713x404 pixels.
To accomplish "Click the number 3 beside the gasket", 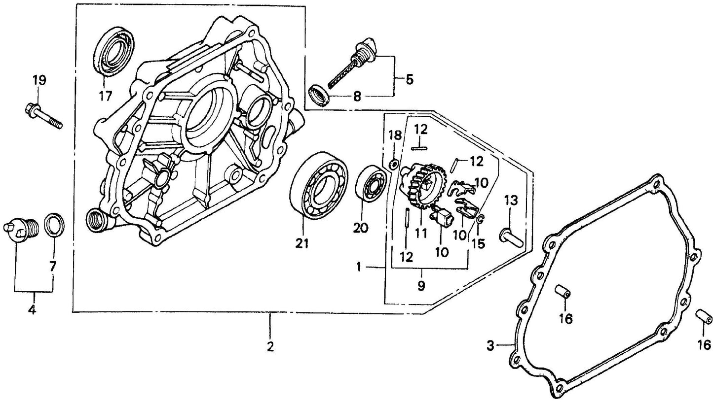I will coord(489,346).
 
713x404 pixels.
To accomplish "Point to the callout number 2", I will coord(270,346).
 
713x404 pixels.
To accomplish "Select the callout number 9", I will coord(420,286).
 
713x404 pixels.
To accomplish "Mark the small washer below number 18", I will coord(394,165).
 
